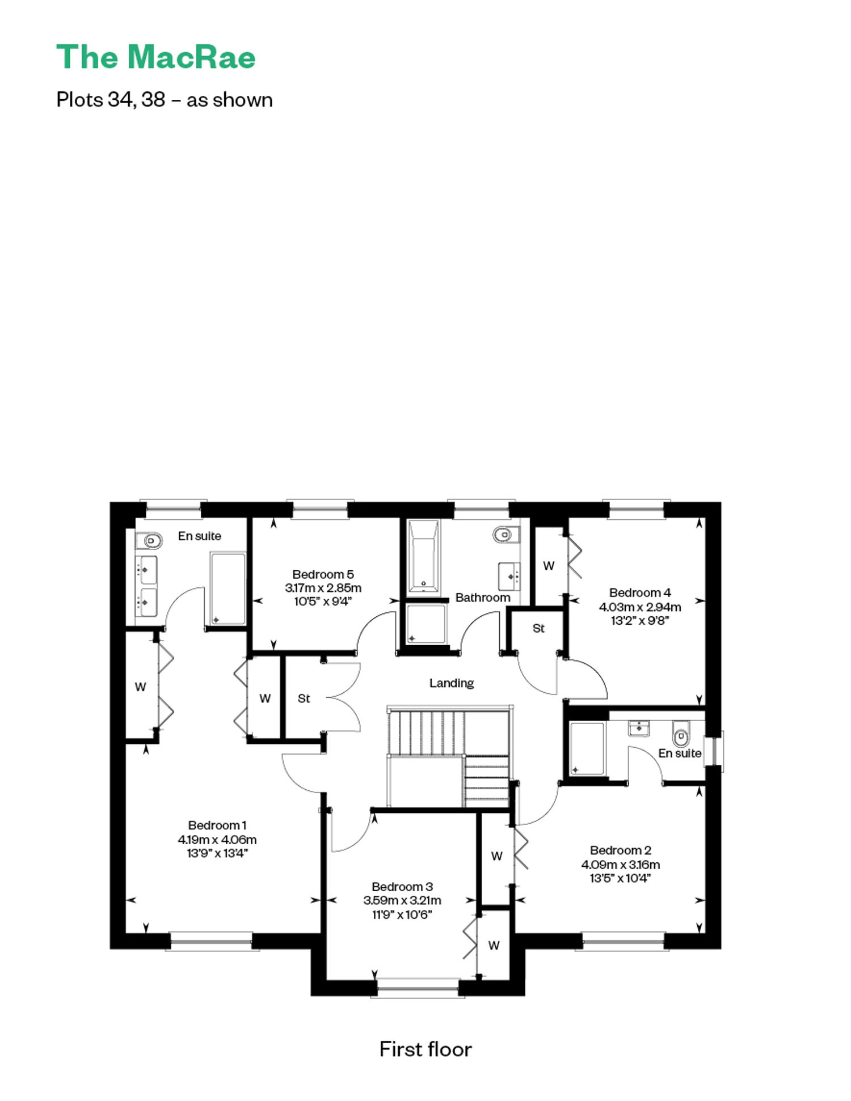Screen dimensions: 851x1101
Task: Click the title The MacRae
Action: (x=156, y=57)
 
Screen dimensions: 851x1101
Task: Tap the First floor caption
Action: (x=425, y=1049)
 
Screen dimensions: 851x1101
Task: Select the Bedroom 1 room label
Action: (x=217, y=825)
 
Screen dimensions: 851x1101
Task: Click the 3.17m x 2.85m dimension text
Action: (x=323, y=588)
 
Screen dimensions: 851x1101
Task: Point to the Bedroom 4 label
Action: (x=640, y=592)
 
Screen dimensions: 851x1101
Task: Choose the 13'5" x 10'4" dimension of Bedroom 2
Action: (x=620, y=878)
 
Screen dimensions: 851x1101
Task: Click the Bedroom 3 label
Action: (x=402, y=887)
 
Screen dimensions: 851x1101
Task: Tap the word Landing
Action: (x=452, y=683)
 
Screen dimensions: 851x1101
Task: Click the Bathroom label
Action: (x=483, y=598)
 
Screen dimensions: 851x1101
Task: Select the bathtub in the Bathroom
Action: (x=423, y=556)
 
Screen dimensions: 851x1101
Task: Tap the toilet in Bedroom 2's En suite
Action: (x=681, y=734)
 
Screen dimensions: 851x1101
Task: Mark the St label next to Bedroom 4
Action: (x=538, y=628)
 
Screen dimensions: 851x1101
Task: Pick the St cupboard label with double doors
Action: (x=304, y=698)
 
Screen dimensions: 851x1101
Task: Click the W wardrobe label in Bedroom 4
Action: (x=549, y=566)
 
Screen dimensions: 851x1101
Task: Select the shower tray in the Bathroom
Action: (x=426, y=624)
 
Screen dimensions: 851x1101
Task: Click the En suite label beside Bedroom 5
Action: (x=200, y=536)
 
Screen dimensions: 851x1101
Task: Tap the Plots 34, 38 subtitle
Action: (x=165, y=100)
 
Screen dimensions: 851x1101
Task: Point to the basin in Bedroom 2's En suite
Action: (x=639, y=728)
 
